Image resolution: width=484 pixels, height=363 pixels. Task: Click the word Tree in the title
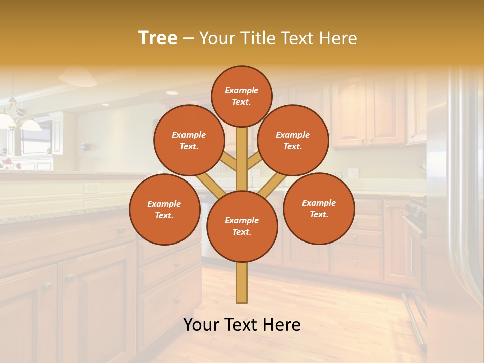pyautogui.click(x=158, y=38)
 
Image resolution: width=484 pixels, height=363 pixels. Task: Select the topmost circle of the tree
pyautogui.click(x=241, y=96)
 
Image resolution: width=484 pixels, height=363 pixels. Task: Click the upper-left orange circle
pyautogui.click(x=189, y=141)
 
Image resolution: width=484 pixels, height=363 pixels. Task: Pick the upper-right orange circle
pyautogui.click(x=293, y=141)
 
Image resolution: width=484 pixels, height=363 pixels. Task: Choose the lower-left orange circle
pyautogui.click(x=164, y=210)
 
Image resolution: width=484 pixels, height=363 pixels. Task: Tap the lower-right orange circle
pyautogui.click(x=319, y=209)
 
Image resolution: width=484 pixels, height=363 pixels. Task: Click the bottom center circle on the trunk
pyautogui.click(x=242, y=226)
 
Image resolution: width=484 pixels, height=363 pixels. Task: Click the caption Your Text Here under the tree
pyautogui.click(x=242, y=325)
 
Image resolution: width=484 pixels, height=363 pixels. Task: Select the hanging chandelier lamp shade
pyautogui.click(x=30, y=124)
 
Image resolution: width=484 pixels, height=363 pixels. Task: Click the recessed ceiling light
pyautogui.click(x=172, y=93)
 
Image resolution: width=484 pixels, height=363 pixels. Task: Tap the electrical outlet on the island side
pyautogui.click(x=91, y=188)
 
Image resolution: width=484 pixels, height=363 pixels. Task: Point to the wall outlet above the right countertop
pyautogui.click(x=353, y=173)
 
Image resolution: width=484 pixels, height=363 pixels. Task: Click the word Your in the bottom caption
pyautogui.click(x=200, y=325)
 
